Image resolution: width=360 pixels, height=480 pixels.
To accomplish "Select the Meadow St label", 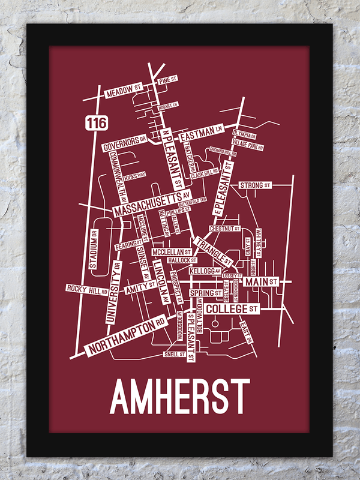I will click(x=122, y=92).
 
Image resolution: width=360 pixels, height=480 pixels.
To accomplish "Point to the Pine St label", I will click(x=167, y=79).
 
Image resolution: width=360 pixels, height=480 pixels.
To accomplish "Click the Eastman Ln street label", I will click(x=201, y=130).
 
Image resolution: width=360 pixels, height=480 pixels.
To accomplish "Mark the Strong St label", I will click(x=252, y=185).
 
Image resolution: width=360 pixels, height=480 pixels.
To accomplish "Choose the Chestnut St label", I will click(x=224, y=229).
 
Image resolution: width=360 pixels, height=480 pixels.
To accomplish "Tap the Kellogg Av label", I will click(x=202, y=271).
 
